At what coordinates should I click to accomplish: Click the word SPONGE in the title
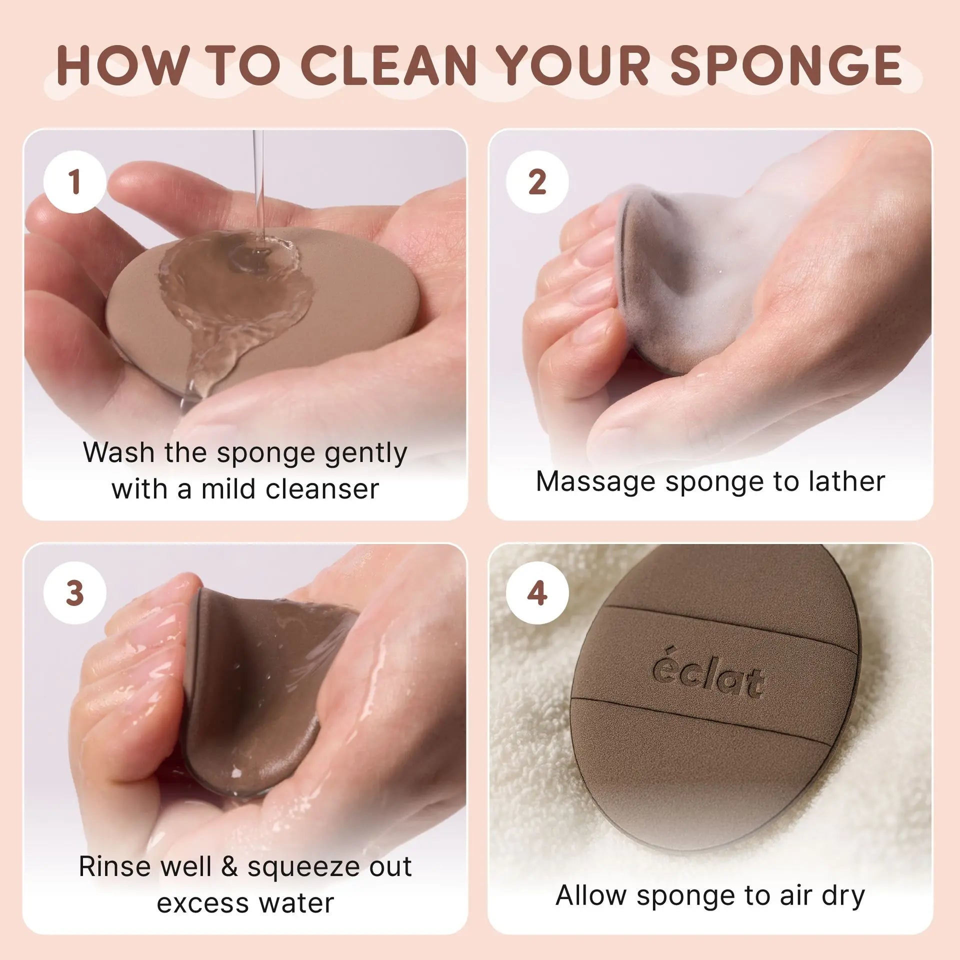(x=786, y=65)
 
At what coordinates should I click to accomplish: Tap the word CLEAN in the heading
(x=388, y=65)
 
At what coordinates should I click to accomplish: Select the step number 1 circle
(x=75, y=182)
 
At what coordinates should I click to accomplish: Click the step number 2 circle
(x=537, y=182)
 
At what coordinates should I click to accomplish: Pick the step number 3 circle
(x=75, y=593)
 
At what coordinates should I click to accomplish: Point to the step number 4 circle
(x=537, y=593)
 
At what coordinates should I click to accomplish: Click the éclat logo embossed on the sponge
(x=708, y=676)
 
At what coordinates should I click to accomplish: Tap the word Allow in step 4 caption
(x=590, y=895)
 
